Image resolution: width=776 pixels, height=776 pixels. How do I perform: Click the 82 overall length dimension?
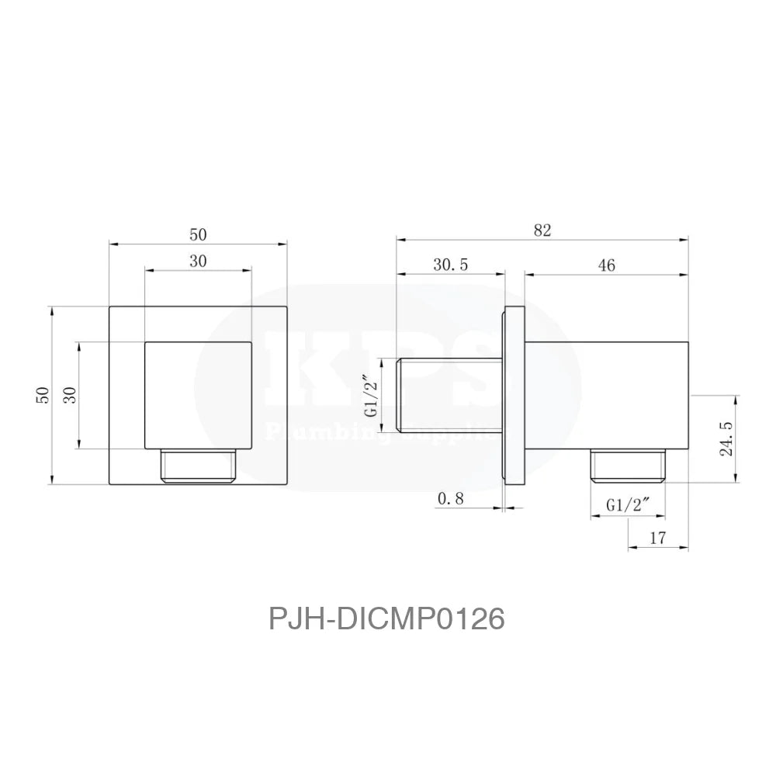[x=542, y=230]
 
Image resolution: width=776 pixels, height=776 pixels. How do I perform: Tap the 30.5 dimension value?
[x=450, y=265]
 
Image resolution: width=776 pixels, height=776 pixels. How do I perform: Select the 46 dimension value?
[x=607, y=265]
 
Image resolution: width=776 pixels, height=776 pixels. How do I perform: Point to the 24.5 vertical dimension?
[x=727, y=439]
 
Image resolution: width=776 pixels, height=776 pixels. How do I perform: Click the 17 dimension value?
[x=658, y=536]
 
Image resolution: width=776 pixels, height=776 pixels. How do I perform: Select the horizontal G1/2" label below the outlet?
[x=628, y=505]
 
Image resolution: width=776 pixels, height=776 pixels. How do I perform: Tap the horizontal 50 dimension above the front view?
[x=198, y=234]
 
